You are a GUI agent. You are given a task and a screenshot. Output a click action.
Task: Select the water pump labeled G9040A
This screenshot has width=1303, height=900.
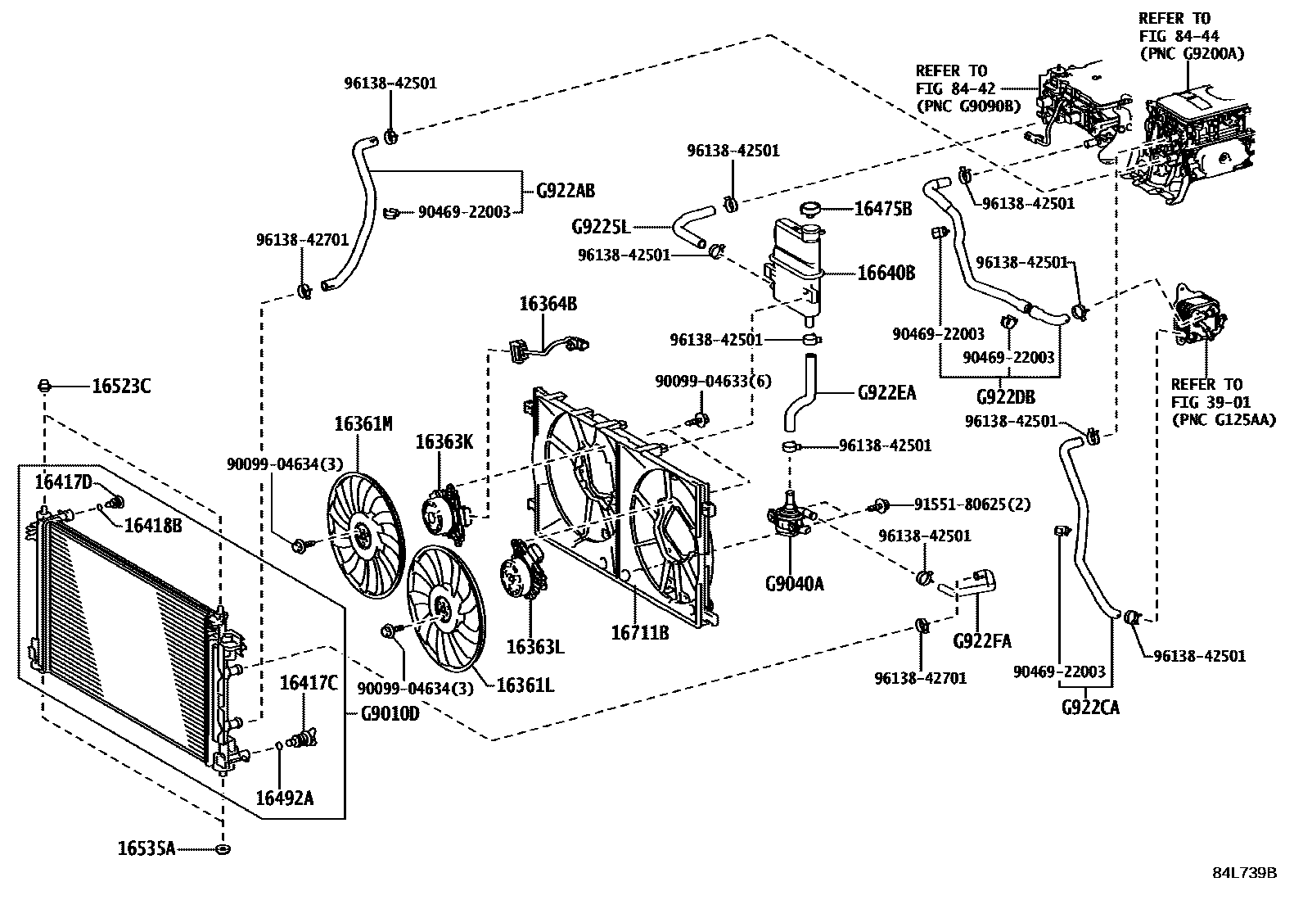791,518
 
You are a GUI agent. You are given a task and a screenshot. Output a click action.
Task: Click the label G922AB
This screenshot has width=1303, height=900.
566,191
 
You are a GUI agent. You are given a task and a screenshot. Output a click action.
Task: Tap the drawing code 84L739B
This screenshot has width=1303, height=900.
1244,872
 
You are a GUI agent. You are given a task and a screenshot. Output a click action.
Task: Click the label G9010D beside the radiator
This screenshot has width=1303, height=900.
390,713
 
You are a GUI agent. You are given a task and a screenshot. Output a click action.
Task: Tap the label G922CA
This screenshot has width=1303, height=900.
1089,707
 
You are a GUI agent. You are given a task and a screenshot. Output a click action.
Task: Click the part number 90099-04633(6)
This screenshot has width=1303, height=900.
713,382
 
